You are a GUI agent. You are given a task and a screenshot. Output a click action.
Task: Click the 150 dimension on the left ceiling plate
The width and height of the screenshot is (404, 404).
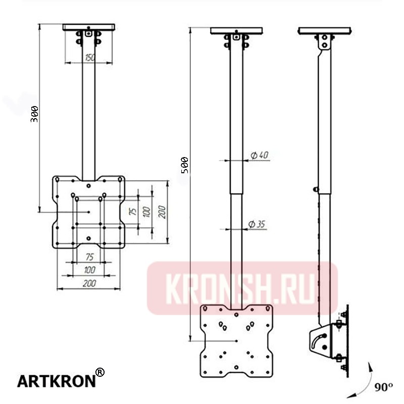(89, 58)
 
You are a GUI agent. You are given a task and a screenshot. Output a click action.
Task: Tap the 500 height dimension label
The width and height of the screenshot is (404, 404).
(185, 165)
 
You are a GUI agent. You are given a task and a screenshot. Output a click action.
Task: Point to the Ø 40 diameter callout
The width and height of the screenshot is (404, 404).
(259, 156)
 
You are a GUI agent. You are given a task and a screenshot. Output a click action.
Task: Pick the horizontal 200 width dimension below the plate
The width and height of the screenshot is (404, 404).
(89, 284)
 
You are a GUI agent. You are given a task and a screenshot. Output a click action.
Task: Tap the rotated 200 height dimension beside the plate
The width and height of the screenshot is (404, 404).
(162, 212)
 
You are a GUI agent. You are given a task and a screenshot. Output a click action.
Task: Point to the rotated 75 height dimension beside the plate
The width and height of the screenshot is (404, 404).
(133, 212)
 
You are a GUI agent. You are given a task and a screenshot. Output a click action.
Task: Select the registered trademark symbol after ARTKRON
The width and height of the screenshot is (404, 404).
(100, 373)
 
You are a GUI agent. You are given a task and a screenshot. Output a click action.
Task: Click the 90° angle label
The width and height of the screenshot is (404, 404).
(384, 387)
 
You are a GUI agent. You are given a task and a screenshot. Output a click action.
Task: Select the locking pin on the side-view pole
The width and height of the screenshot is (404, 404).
(316, 189)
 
